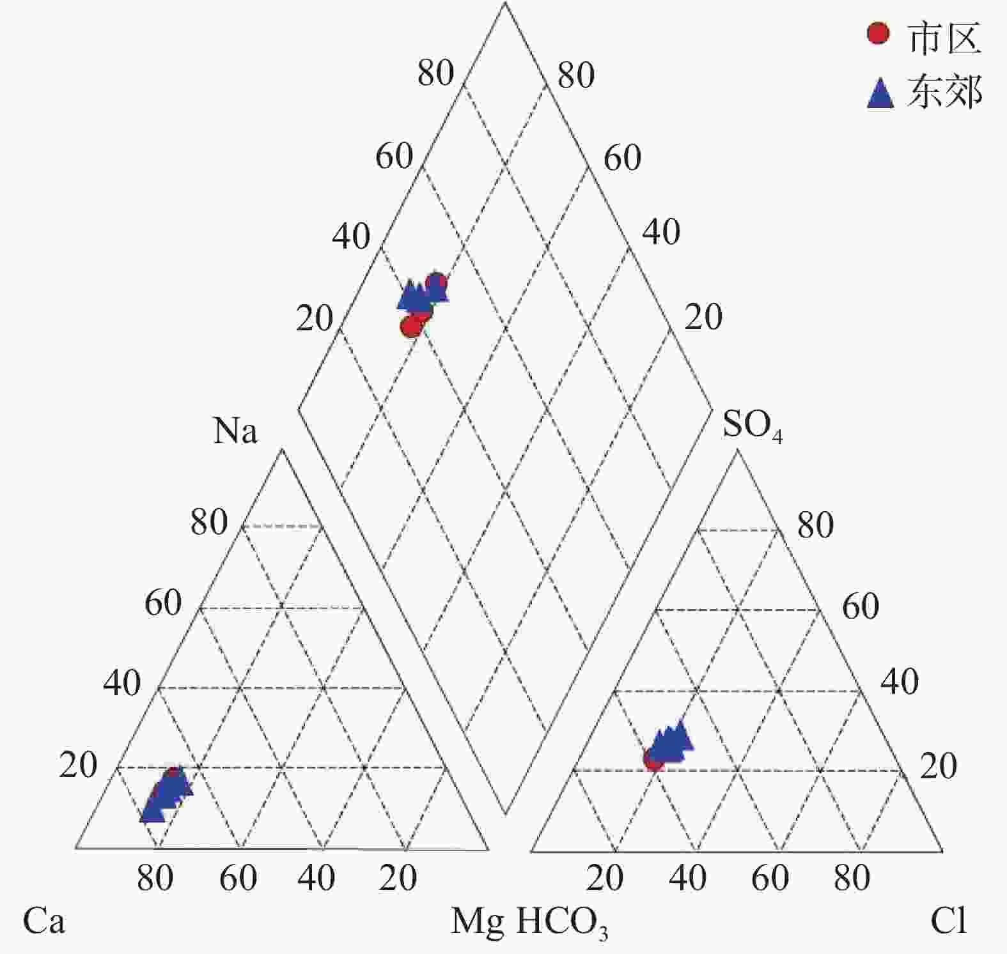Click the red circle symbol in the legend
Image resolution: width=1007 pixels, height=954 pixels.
(x=878, y=33)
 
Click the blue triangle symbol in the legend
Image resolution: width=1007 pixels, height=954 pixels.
(x=880, y=93)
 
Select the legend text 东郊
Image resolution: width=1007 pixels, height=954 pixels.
(x=944, y=93)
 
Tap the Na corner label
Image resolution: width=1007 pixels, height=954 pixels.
(x=235, y=431)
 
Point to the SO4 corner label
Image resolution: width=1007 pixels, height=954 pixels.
(x=752, y=426)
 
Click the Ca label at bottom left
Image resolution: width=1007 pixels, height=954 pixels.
(x=43, y=921)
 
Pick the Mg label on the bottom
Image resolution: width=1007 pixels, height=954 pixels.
(x=477, y=921)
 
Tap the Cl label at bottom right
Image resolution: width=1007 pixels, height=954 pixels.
(x=948, y=921)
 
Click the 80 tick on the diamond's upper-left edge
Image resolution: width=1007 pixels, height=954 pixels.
(x=435, y=73)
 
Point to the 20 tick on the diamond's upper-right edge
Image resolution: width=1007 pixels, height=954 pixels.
(x=703, y=317)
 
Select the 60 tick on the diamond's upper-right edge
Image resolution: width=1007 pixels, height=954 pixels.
(x=622, y=157)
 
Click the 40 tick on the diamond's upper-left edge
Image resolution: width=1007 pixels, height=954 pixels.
(x=351, y=236)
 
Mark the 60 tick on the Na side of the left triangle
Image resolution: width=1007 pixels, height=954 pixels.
(x=163, y=603)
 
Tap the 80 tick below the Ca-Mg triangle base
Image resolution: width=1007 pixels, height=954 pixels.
(x=155, y=878)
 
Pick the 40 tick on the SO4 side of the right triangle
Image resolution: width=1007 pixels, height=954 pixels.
(x=900, y=682)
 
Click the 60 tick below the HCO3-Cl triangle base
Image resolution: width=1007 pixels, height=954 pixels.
(x=770, y=878)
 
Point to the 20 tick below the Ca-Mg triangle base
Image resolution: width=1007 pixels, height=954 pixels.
(x=398, y=878)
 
